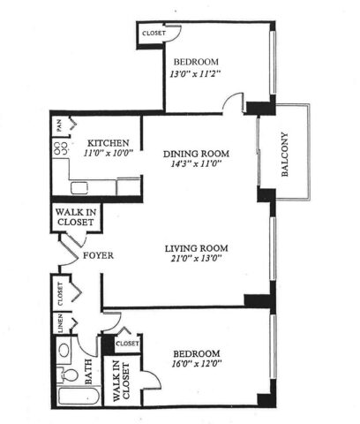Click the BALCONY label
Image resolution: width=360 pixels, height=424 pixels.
point(285,155)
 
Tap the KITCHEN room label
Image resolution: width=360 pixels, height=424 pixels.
point(109,143)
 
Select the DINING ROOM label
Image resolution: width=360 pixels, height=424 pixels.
point(196,154)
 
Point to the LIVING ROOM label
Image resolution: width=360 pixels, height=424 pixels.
point(196,248)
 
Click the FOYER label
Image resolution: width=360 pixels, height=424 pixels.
point(98,255)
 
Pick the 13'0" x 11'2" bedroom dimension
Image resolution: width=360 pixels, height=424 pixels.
point(195,73)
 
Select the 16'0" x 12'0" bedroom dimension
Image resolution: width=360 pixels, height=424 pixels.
point(197,364)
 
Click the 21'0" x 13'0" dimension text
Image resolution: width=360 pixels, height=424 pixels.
point(196,258)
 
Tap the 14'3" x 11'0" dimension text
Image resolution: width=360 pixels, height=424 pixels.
point(196,163)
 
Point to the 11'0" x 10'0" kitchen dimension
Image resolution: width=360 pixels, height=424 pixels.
point(109,153)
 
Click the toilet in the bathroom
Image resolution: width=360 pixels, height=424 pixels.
point(68,375)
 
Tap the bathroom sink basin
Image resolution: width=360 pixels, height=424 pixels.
point(64,351)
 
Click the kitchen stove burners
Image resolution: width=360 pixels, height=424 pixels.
point(61,148)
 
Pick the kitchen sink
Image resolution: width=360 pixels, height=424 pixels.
point(79,188)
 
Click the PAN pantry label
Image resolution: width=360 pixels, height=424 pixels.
point(60,125)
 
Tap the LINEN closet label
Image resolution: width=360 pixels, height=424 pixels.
point(61,323)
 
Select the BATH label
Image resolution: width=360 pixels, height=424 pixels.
point(88,372)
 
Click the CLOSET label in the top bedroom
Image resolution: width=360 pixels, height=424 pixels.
point(154,34)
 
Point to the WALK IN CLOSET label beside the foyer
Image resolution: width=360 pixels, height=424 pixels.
point(76,217)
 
